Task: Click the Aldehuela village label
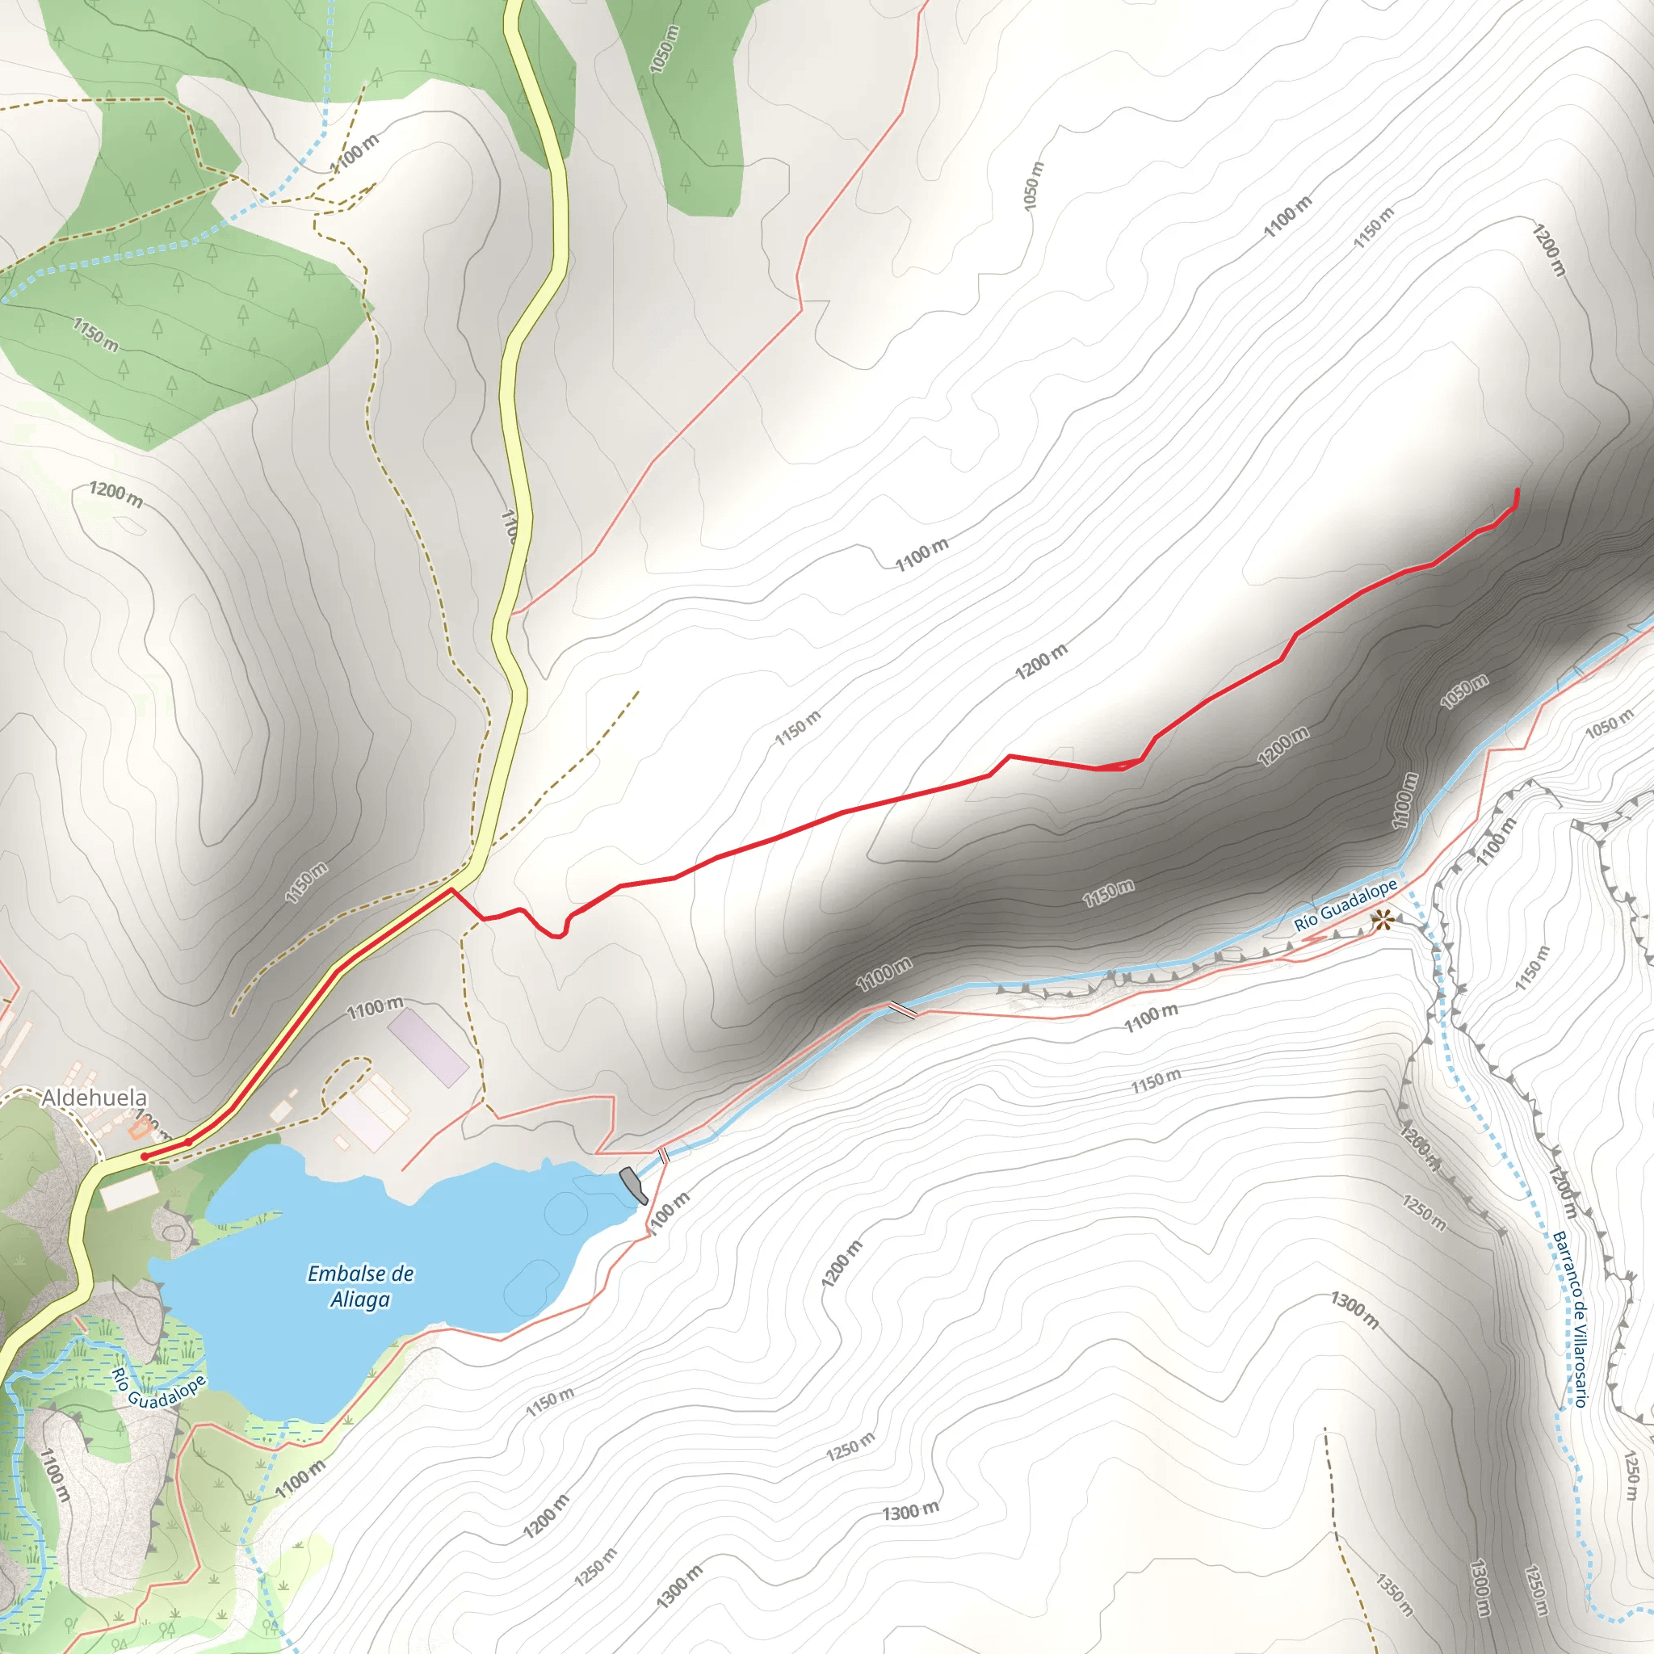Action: coord(94,1098)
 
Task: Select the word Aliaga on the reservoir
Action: coord(360,1299)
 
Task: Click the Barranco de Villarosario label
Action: coord(1570,1318)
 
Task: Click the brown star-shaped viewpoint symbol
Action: coord(1382,921)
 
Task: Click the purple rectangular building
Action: coord(428,1047)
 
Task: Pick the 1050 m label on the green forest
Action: coord(665,48)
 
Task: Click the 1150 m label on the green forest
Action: coord(95,334)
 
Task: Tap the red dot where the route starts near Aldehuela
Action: coord(145,1157)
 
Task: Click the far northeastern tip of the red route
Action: coord(1517,489)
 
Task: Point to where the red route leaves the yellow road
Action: coord(451,890)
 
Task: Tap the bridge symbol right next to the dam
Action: coord(664,1155)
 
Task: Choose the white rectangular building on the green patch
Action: coord(128,1189)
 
